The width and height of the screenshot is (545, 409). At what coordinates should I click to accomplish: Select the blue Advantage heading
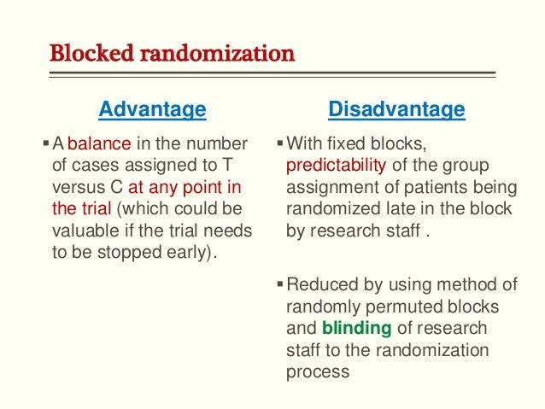click(152, 109)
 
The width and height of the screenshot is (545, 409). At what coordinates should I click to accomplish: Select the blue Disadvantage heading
click(396, 109)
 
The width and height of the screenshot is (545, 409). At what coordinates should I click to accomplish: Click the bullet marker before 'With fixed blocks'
click(281, 142)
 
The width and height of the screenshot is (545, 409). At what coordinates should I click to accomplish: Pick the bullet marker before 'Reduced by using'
click(281, 283)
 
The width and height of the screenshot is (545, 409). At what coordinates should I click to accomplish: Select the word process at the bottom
click(315, 372)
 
